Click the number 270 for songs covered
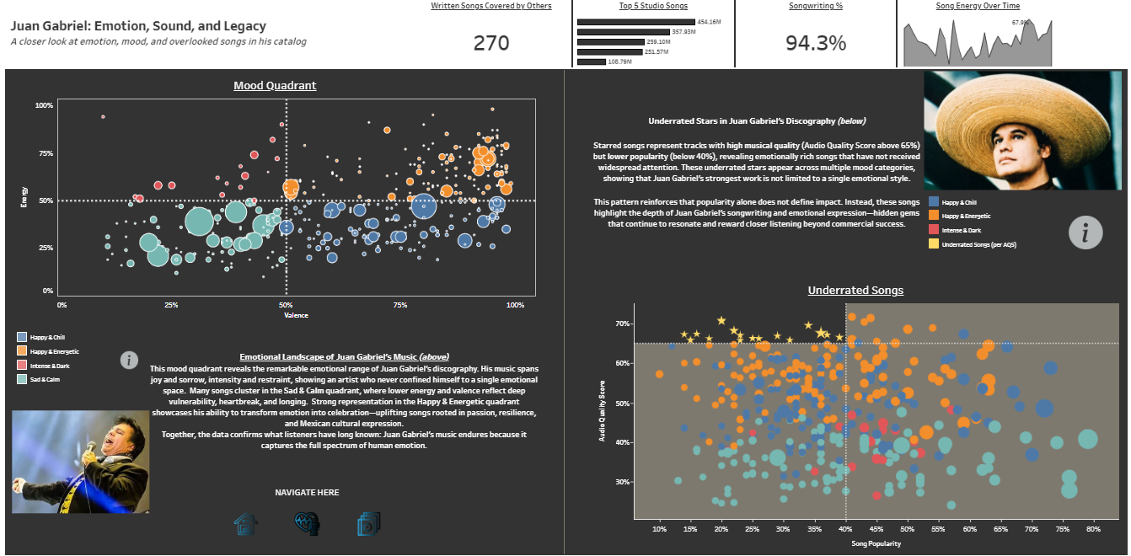point(491,43)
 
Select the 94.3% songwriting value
point(816,43)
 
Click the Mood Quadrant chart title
point(275,86)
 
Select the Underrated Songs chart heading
point(855,291)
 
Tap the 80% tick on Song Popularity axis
point(1094,529)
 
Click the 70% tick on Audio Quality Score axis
point(623,323)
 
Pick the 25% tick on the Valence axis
point(171,305)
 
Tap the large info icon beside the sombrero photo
point(1085,232)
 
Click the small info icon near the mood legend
point(129,361)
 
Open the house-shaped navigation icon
point(246,524)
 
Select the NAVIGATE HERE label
point(307,492)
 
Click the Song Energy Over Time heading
point(978,6)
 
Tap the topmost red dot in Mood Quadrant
point(103,116)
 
